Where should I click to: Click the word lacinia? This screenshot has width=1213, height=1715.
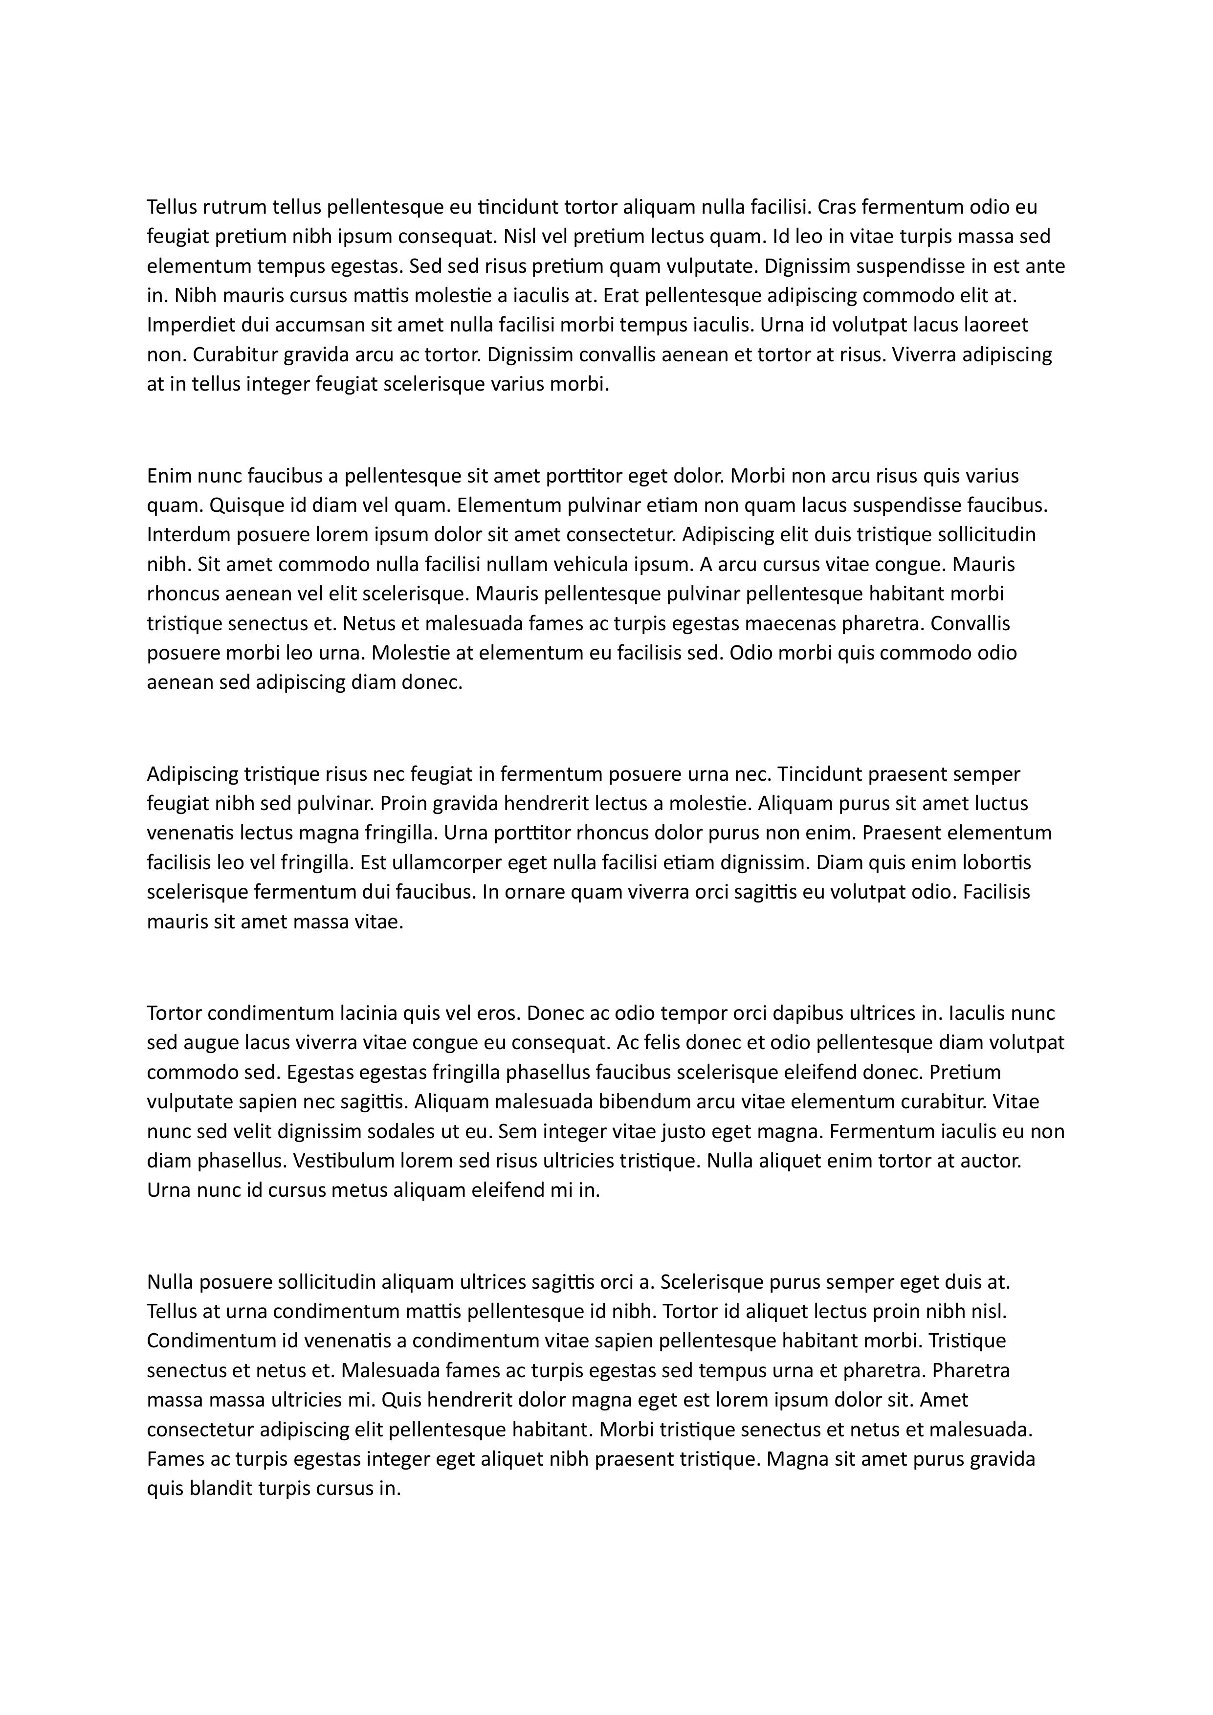pyautogui.click(x=368, y=1013)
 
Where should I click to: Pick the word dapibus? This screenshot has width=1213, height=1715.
pyautogui.click(x=804, y=1013)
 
